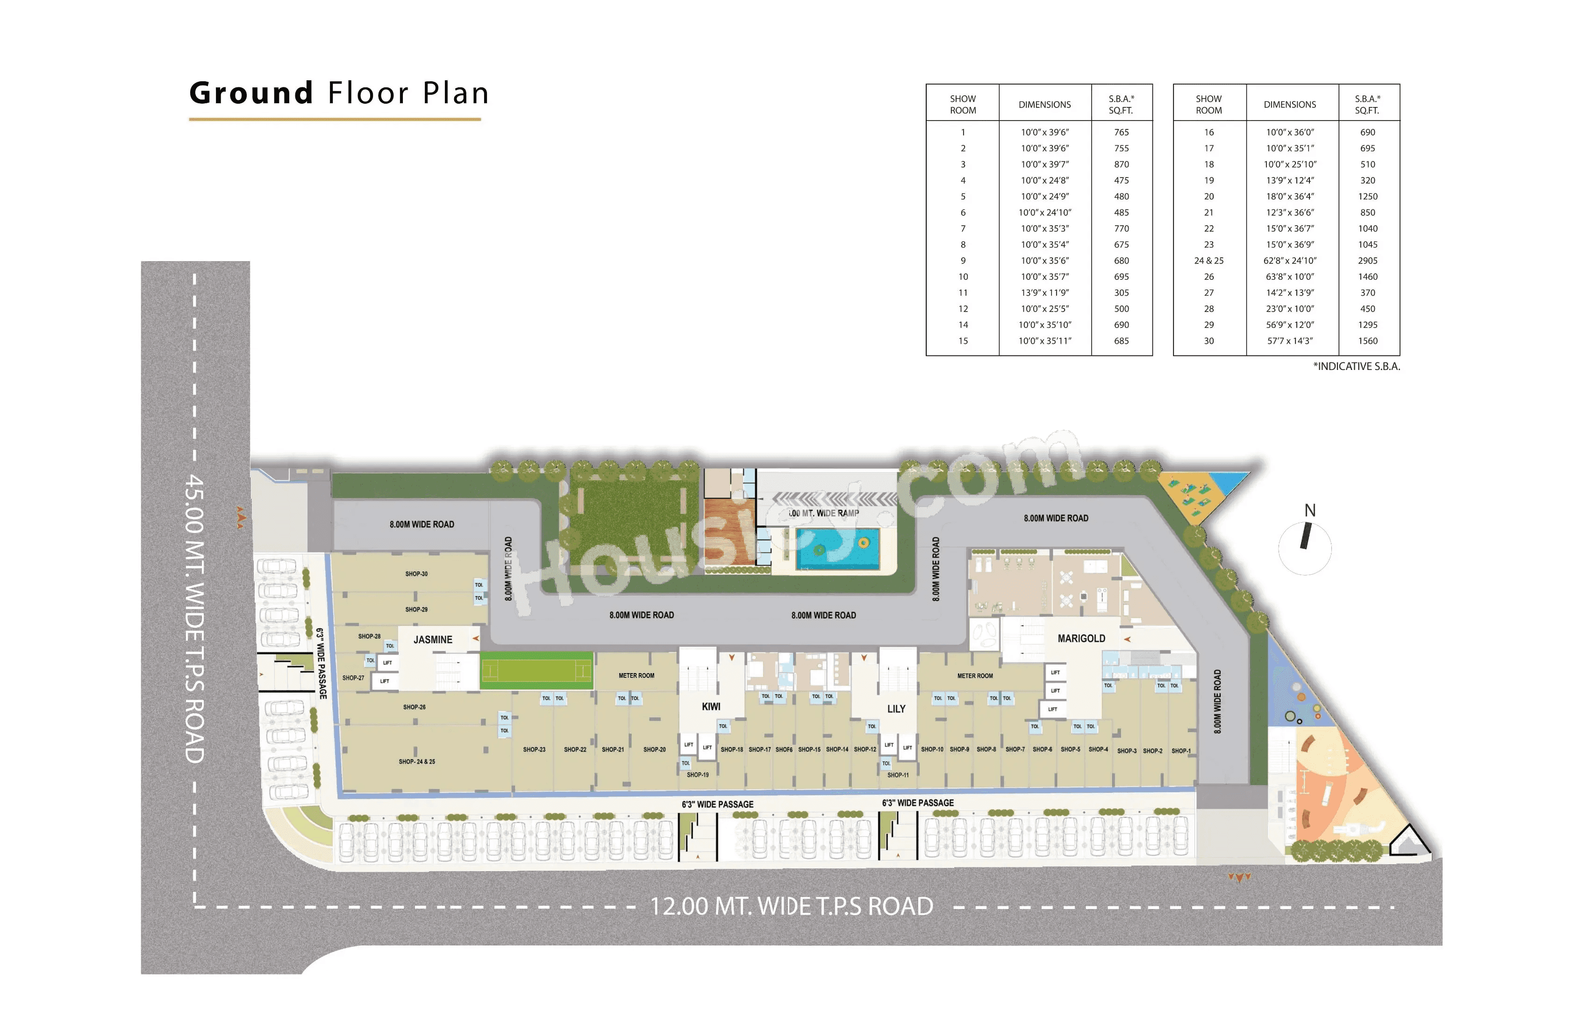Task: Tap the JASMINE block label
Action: [432, 639]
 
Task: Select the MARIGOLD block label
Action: [1081, 638]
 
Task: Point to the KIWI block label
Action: [711, 707]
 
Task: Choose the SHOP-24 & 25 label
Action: [417, 761]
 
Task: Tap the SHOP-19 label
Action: [698, 774]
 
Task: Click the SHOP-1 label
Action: [1180, 751]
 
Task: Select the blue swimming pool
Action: [837, 549]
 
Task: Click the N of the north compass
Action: [1309, 511]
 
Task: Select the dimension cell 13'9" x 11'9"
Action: [1044, 293]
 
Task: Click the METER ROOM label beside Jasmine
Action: [636, 675]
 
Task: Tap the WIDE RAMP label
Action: [824, 513]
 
